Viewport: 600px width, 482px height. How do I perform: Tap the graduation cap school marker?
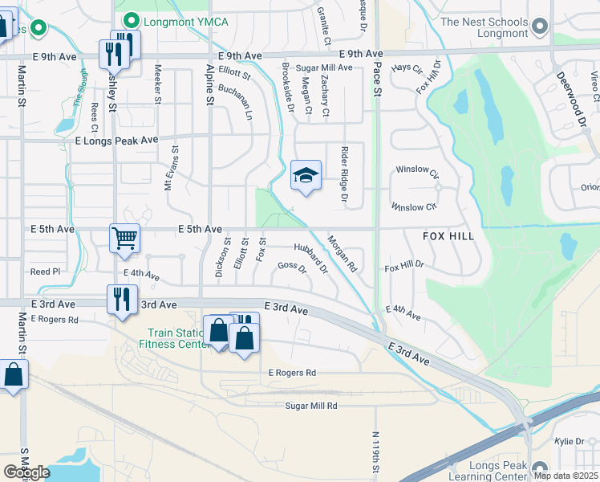coord(306,174)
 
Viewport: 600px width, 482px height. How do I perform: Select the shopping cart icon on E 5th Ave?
coord(125,237)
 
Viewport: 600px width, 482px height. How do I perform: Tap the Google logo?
coord(26,472)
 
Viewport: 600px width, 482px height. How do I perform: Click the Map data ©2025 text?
coord(566,476)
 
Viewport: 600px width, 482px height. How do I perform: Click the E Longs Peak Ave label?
coord(117,140)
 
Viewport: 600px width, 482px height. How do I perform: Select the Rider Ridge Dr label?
coord(344,173)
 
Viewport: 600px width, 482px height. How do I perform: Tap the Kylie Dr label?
coord(572,443)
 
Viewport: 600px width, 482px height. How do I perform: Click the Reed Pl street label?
coord(45,272)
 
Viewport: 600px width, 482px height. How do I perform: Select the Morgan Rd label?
coord(342,253)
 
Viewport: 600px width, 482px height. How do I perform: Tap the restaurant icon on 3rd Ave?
coord(121,300)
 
